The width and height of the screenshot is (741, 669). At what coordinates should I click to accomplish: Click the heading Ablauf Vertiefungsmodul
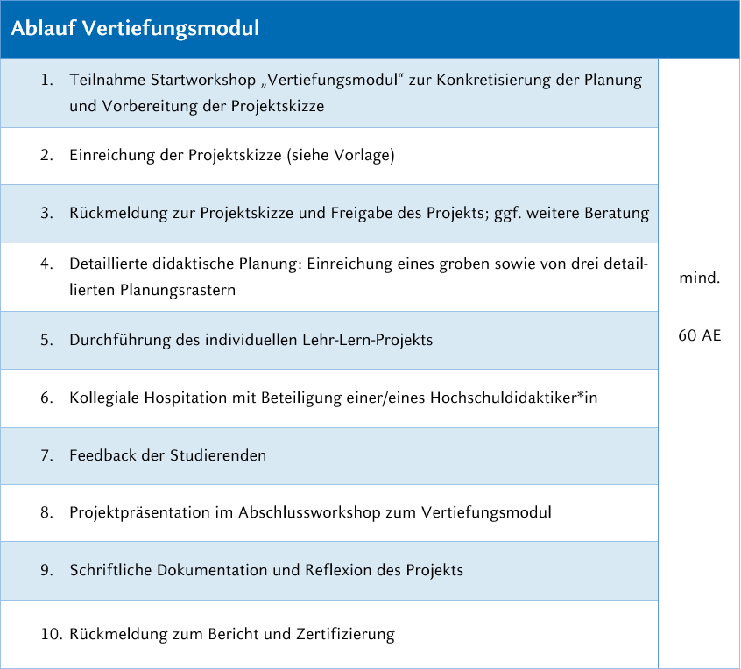click(135, 29)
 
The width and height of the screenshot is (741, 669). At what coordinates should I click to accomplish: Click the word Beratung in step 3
click(617, 213)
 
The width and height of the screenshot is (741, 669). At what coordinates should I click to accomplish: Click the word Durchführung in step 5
click(118, 340)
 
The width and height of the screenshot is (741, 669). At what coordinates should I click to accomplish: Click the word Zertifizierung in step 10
click(346, 634)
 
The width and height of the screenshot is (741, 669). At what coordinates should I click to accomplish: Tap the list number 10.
click(50, 634)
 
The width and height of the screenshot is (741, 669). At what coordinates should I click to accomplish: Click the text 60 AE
click(700, 334)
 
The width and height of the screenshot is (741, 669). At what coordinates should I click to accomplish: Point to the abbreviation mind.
click(700, 279)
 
